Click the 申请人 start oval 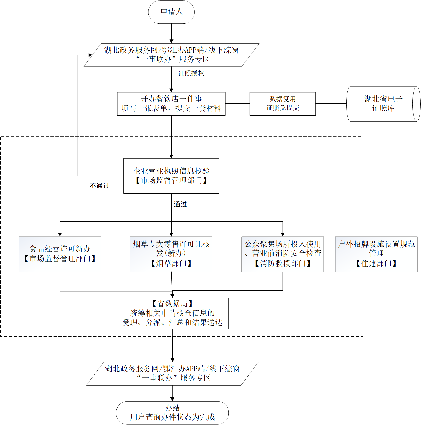(171, 12)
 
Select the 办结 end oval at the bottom (172, 413)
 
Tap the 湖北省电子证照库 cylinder (383, 104)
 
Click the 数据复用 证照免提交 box (283, 104)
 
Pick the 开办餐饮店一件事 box (171, 104)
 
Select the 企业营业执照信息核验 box (171, 176)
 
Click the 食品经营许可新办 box (60, 254)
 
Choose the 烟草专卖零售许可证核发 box (171, 254)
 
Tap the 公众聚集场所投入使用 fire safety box (283, 254)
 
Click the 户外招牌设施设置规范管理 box (376, 254)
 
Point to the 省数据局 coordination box (172, 313)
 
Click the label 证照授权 (191, 73)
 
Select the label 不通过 (100, 186)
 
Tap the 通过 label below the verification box (180, 204)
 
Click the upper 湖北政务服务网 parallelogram (171, 55)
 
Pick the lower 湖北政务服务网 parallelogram (172, 373)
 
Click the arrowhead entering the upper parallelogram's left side (90, 55)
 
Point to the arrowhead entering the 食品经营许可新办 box (60, 234)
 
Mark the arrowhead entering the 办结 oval (172, 399)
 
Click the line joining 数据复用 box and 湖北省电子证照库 (331, 104)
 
